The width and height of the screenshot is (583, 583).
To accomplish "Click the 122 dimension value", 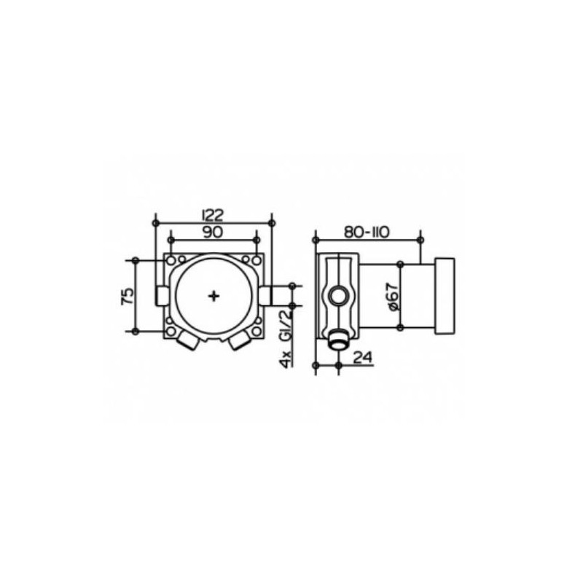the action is click(x=214, y=215).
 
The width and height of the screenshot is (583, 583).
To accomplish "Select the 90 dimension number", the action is click(x=213, y=232).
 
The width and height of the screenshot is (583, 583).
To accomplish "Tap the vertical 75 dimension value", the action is click(x=127, y=296).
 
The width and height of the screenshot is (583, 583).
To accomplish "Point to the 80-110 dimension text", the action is click(x=367, y=232).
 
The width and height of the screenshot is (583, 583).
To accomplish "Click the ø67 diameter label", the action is click(x=394, y=297).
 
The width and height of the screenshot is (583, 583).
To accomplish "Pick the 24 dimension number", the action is click(x=362, y=357).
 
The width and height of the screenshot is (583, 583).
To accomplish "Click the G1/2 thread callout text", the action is click(x=286, y=324).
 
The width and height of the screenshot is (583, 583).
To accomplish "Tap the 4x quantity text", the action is click(x=286, y=359).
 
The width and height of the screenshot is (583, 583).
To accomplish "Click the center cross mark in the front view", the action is click(x=214, y=296).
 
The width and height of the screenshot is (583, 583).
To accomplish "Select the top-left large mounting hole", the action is click(x=171, y=261).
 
